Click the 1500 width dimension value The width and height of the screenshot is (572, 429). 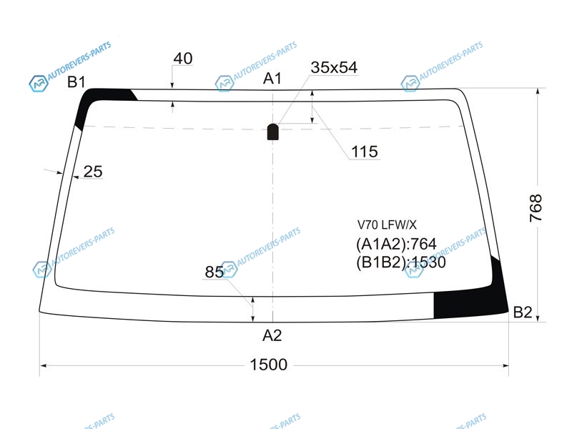(x=269, y=365)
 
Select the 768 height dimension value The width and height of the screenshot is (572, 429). (x=536, y=208)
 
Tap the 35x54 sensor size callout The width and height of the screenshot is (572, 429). (x=334, y=67)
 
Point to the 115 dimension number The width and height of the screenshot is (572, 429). (x=365, y=152)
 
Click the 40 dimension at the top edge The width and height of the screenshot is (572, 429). (x=183, y=59)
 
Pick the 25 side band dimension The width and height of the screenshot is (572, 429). (x=93, y=172)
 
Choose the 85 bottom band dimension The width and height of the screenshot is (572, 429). (x=214, y=272)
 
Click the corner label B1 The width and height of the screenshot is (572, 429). (x=77, y=82)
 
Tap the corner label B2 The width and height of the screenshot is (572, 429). (x=523, y=312)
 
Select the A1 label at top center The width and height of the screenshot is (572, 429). (x=272, y=78)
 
